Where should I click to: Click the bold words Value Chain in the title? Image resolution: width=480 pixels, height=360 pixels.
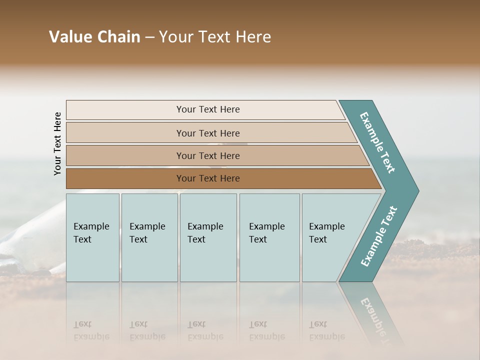tap(94, 37)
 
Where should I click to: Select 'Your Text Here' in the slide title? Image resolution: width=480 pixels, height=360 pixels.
tap(215, 37)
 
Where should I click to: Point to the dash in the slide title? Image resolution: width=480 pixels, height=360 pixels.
tap(149, 37)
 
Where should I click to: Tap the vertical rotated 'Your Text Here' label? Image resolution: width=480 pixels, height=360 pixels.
tap(57, 143)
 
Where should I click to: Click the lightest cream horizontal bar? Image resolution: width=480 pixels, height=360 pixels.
tap(207, 109)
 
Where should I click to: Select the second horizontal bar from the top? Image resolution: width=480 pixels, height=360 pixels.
tap(207, 133)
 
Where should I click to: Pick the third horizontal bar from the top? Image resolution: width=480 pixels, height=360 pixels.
tap(207, 155)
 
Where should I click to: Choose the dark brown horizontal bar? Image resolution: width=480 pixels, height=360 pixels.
tap(207, 178)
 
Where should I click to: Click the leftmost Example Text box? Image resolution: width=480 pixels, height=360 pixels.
tap(92, 237)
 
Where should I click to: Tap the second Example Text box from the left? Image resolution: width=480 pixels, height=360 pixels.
tap(149, 237)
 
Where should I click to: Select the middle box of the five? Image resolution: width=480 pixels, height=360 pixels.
tap(208, 237)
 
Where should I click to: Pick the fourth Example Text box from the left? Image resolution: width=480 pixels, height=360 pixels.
tap(269, 237)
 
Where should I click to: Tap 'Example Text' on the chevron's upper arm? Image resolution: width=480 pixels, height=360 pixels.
tap(377, 142)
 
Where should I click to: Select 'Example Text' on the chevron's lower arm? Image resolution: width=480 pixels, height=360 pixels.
tap(378, 236)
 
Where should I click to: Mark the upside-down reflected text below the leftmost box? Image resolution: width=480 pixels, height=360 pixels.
tap(91, 330)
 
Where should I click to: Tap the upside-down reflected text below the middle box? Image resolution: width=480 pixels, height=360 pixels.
tap(205, 330)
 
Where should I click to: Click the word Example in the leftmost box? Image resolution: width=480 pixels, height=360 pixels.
tap(91, 226)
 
